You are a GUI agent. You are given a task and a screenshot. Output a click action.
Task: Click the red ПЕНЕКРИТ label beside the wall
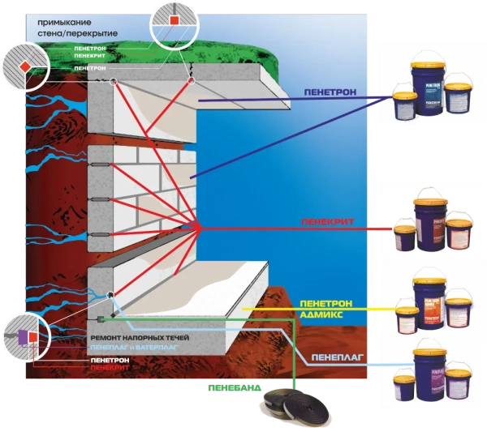(322, 220)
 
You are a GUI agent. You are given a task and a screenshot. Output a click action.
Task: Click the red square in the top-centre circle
(175, 18)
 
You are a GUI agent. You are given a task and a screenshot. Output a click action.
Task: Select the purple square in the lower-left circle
(21, 334)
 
